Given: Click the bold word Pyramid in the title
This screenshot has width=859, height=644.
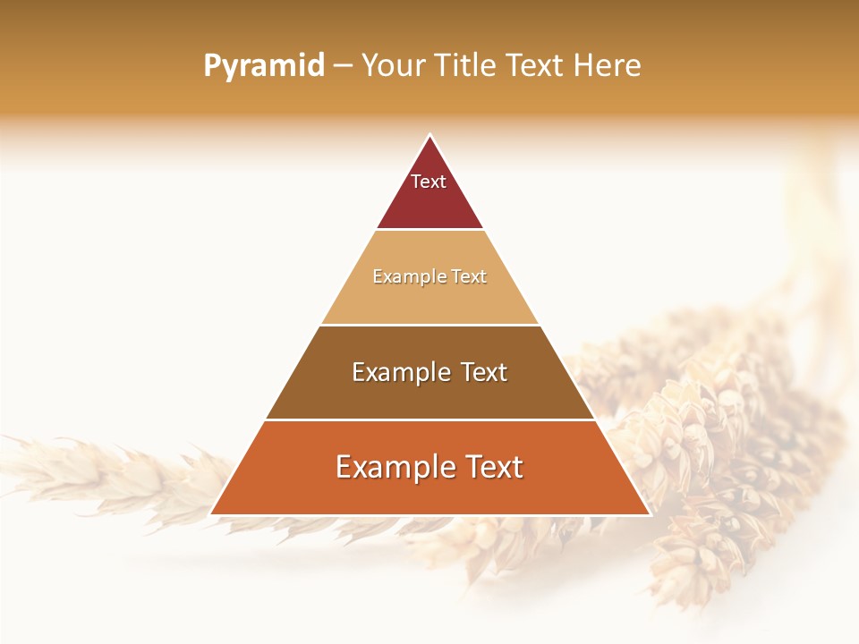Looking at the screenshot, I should click(x=264, y=66).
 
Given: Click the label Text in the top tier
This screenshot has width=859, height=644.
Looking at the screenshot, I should click(x=429, y=182).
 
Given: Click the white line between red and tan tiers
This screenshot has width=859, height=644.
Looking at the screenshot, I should click(x=429, y=230).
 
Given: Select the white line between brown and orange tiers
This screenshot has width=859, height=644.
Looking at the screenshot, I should click(x=429, y=419).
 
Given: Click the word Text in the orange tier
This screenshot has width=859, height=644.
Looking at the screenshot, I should click(x=492, y=467).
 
